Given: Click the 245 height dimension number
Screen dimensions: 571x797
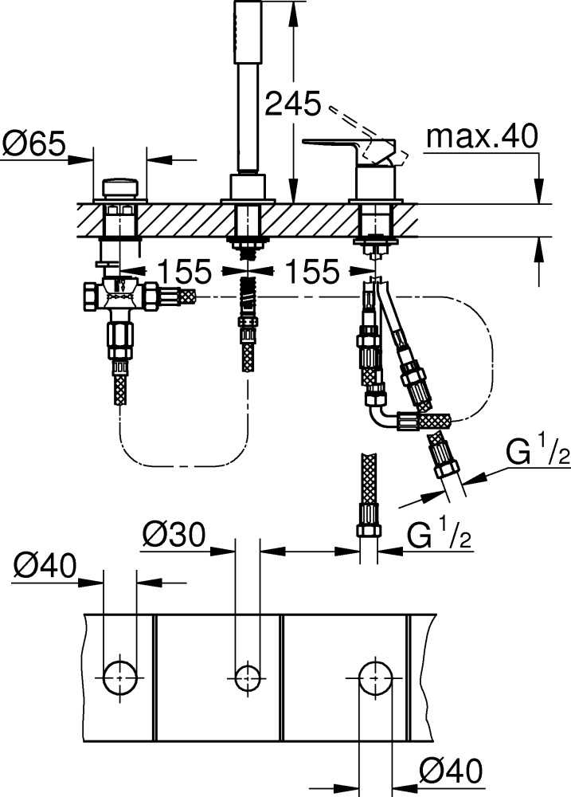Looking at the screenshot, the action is [x=293, y=104].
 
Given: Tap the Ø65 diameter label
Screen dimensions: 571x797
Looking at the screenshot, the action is [x=34, y=143].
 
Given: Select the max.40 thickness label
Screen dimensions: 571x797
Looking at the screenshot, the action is [x=482, y=136].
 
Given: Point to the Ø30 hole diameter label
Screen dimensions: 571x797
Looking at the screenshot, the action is [x=174, y=535].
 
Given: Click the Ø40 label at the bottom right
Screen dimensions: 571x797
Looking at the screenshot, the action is [x=451, y=771].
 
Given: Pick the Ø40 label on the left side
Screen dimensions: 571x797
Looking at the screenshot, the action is [x=45, y=565].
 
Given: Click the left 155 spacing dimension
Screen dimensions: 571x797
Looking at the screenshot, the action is [x=183, y=271].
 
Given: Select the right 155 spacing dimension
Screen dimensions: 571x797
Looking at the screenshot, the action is [x=311, y=271].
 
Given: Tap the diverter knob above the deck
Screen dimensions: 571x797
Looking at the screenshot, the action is [x=120, y=187].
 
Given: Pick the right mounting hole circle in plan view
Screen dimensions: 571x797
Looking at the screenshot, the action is [x=375, y=678].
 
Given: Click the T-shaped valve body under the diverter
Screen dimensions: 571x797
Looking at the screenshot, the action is [x=120, y=295].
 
